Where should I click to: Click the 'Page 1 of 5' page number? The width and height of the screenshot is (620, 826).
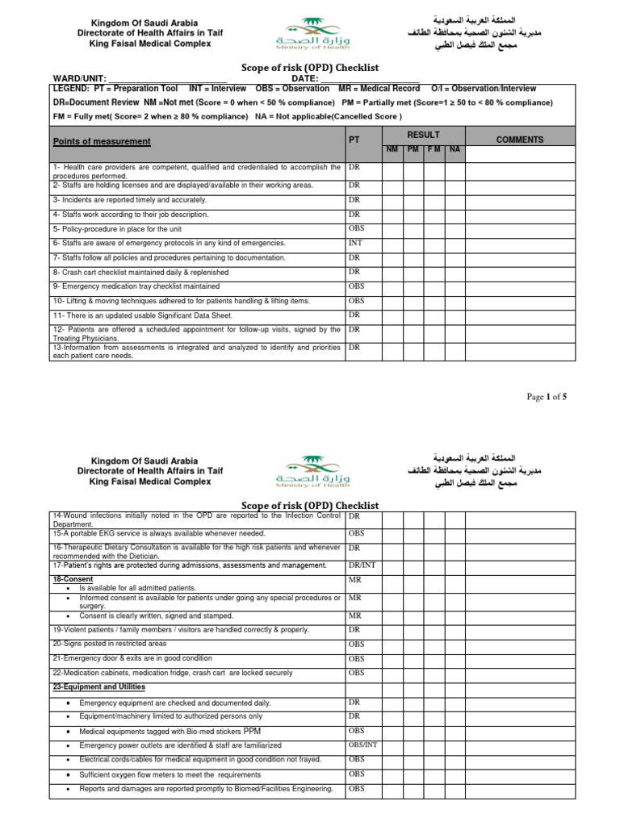547,396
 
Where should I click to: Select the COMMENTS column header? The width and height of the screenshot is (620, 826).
519,140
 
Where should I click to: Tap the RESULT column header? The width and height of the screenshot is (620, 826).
423,135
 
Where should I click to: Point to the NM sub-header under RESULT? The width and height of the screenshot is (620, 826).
392,150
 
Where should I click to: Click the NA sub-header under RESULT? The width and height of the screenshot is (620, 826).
455,150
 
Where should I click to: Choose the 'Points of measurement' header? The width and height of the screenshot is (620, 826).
102,141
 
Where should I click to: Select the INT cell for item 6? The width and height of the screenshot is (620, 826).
355,242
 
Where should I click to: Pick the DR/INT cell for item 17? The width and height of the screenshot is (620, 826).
360,565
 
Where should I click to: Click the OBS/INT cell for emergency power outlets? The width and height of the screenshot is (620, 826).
362,745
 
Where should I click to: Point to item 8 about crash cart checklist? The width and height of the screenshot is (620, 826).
140,272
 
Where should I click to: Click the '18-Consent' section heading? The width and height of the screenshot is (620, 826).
72,579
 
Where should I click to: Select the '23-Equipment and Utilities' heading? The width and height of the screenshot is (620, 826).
98,686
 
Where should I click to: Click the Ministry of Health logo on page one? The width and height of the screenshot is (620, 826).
309,35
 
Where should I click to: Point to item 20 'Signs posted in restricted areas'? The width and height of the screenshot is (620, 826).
110,644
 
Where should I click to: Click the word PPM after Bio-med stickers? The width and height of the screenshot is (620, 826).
252,730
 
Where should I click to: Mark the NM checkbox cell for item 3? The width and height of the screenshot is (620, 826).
392,199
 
